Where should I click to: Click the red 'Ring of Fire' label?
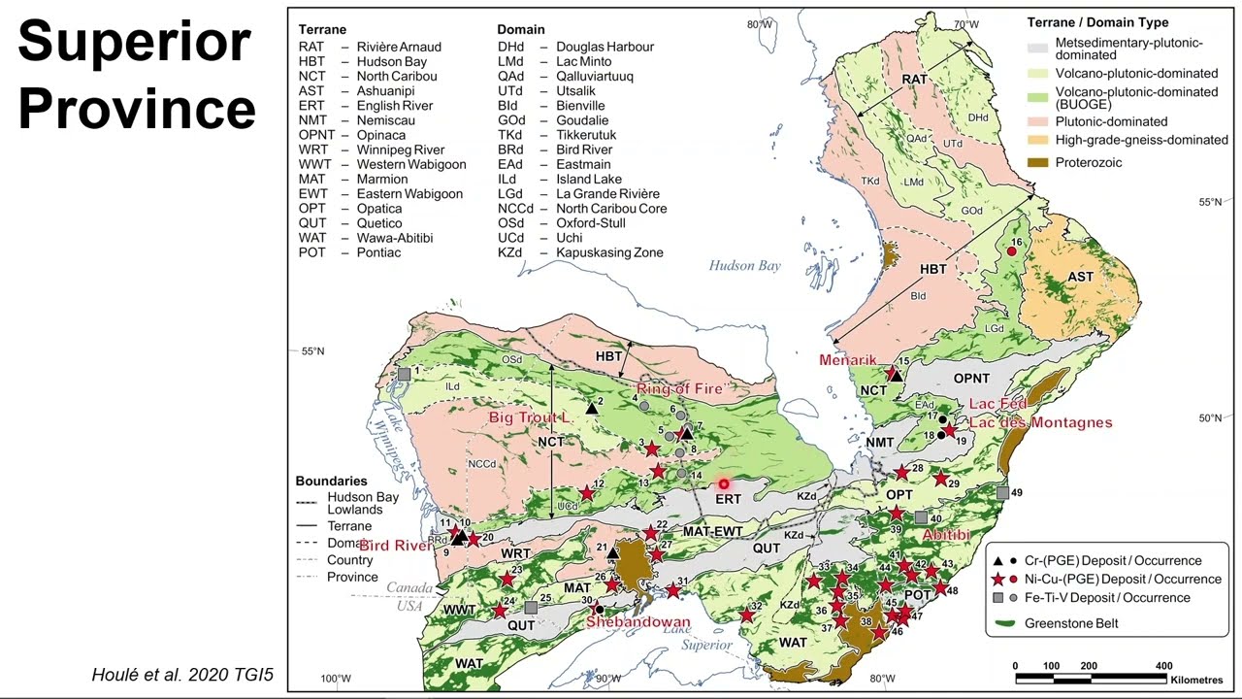[x=679, y=389]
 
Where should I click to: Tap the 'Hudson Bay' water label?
[x=744, y=266]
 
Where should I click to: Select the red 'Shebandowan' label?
[x=637, y=622]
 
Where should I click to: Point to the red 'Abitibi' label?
[x=946, y=535]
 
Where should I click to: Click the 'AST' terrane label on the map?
[x=1080, y=277]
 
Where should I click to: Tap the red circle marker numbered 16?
[x=1011, y=251]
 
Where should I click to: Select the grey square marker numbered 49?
[x=1002, y=493]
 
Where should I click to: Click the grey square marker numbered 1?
[x=404, y=374]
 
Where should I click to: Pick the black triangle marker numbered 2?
[x=592, y=409]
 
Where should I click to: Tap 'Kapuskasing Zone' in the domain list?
[x=609, y=252]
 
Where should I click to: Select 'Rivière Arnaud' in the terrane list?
[x=399, y=47]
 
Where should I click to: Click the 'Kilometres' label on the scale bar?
[x=1196, y=680]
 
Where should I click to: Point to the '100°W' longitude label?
[x=335, y=679]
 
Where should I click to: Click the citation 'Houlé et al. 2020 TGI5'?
[x=182, y=675]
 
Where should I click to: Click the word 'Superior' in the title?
[x=134, y=43]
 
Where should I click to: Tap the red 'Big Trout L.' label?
[x=529, y=417]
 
